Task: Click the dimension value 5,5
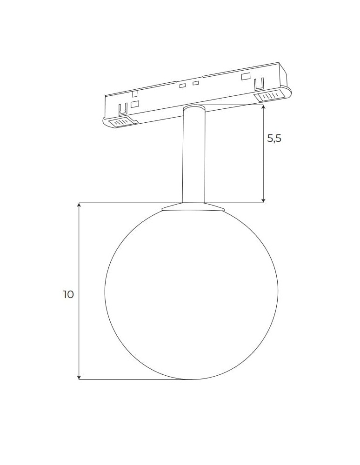click(274, 138)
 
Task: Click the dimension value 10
click(68, 294)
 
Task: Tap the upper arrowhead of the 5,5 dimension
click(263, 107)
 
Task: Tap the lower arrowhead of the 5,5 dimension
click(263, 200)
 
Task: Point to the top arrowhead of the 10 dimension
click(80, 206)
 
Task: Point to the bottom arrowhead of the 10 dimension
click(80, 377)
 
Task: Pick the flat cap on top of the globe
click(193, 207)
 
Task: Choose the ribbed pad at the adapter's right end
click(269, 96)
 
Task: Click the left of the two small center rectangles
click(183, 86)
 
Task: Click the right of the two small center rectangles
click(195, 83)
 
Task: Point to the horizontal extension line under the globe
click(135, 379)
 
